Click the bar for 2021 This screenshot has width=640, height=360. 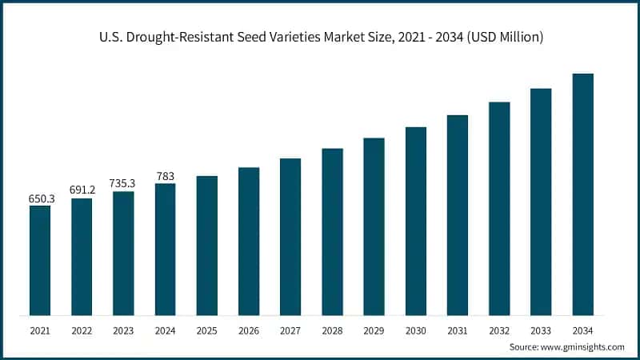point(40,260)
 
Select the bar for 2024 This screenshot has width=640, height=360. point(165,249)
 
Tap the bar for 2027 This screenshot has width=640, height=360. point(290,236)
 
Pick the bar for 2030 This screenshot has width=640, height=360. point(416,221)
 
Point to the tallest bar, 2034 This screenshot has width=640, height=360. point(583,194)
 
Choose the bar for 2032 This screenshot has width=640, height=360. point(499,208)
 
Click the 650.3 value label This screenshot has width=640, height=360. point(40,198)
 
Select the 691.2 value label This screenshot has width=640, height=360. point(82,190)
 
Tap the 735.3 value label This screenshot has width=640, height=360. point(123,183)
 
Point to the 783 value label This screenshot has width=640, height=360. point(165,175)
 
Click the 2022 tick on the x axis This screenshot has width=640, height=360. point(82,330)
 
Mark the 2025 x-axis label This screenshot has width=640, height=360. point(207,330)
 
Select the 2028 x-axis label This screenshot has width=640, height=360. point(332,330)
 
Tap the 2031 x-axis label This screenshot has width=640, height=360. point(458,330)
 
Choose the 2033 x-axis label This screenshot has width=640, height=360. point(541,330)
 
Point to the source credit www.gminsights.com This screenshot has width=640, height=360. point(567,347)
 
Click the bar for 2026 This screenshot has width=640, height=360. point(249,241)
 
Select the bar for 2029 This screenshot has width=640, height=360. point(374,226)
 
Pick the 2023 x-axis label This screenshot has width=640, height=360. point(123,330)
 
